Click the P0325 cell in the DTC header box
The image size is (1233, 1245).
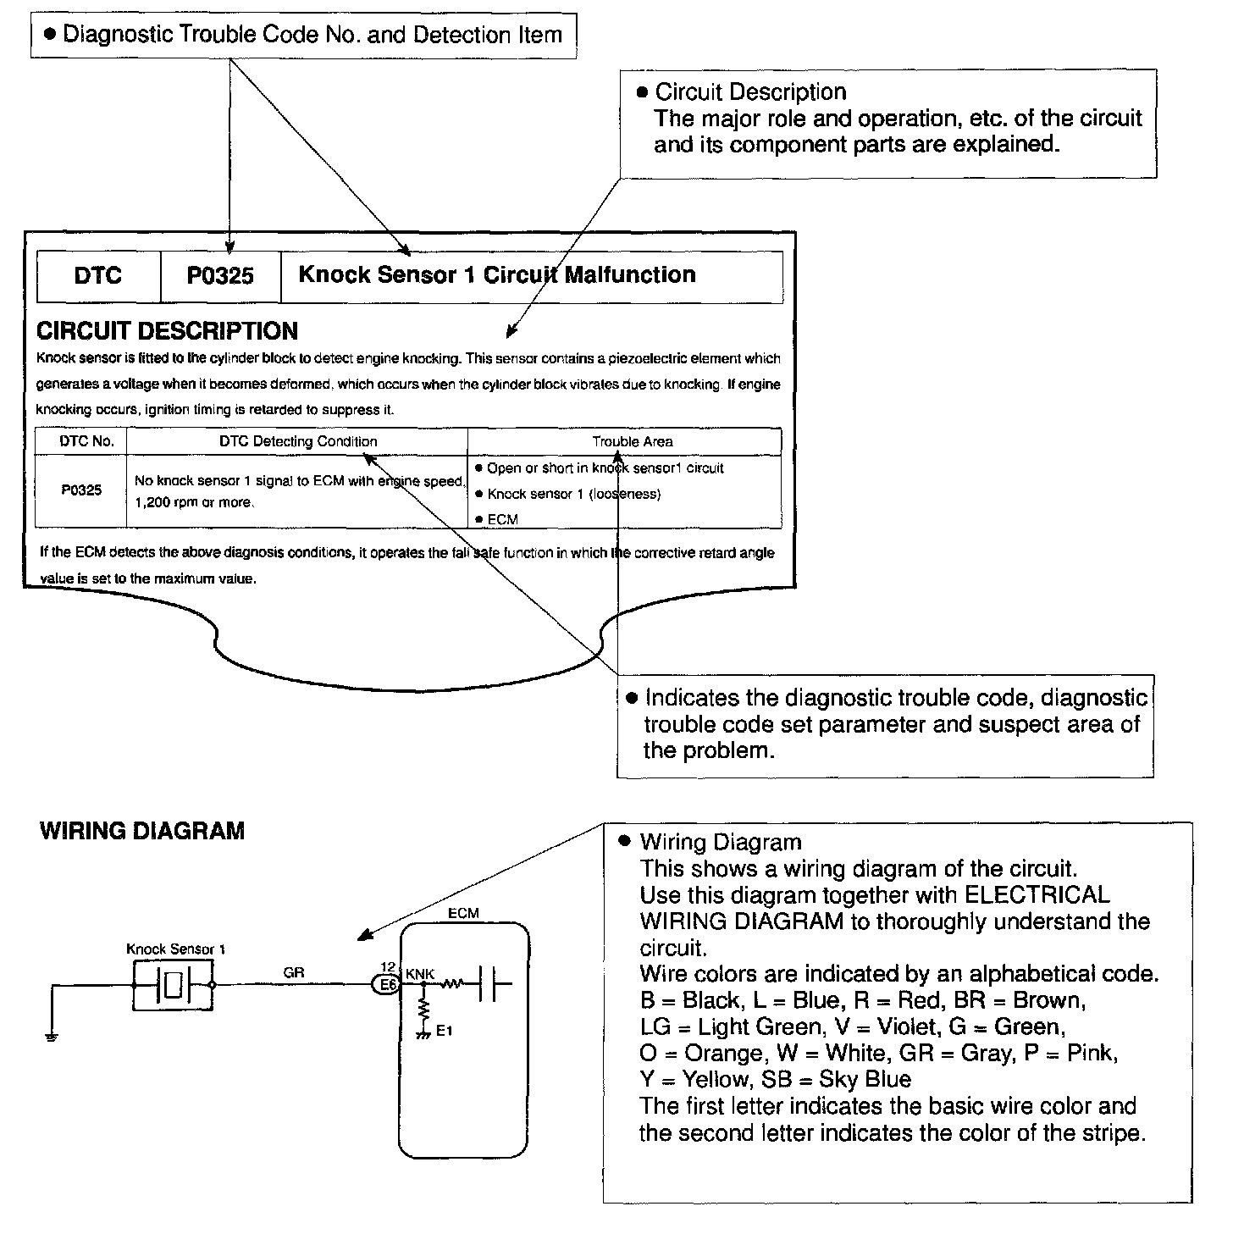pos(220,276)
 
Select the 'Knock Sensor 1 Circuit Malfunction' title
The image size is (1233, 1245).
pos(497,275)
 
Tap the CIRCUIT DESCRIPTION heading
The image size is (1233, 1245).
pos(167,331)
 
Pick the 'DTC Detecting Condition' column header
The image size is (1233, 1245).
pos(298,441)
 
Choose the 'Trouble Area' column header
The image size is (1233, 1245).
pos(633,441)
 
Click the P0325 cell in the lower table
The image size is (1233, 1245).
pos(81,490)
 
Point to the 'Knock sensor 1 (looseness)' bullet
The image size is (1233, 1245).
pos(573,494)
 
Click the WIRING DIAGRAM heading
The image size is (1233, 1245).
pos(142,831)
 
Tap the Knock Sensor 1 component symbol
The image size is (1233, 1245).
pos(174,985)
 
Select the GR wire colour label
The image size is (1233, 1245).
pos(294,973)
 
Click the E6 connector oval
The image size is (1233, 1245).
pos(388,985)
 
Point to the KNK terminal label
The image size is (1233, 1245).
pos(420,974)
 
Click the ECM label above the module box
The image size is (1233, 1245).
pos(463,913)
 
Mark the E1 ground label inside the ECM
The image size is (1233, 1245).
pos(445,1031)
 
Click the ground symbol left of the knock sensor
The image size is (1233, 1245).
pos(52,1037)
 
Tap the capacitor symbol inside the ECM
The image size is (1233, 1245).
pos(490,985)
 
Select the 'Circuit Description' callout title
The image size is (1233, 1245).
pos(750,92)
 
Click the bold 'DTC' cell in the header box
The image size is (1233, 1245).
pos(98,276)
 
